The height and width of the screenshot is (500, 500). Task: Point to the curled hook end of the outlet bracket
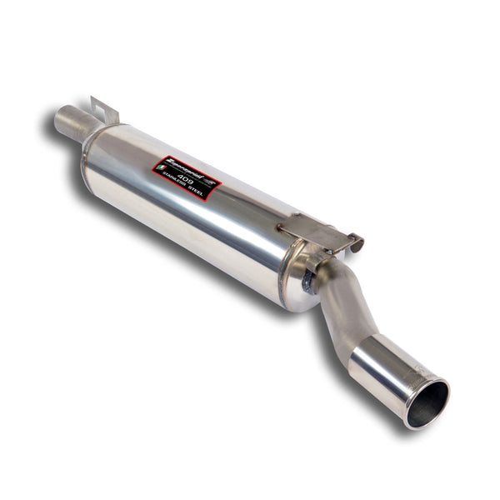[357, 243]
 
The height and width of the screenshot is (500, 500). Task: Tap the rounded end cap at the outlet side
[300, 275]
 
